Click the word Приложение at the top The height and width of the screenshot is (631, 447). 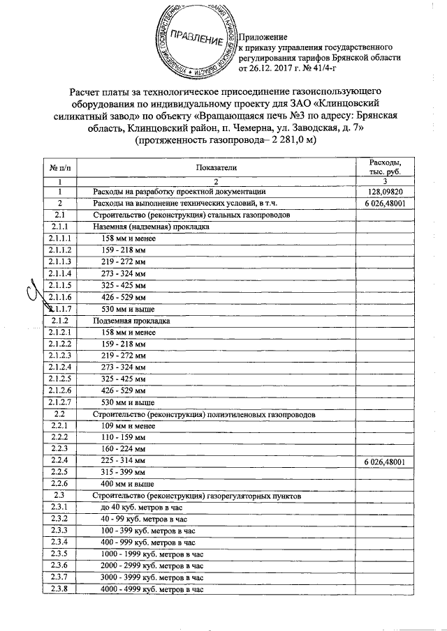pos(263,36)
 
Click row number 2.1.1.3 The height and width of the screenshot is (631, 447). pos(60,261)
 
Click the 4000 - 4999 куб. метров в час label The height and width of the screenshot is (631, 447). pos(152,590)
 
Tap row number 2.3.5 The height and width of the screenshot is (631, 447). pos(60,554)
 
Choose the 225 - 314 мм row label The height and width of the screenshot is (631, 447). pos(124,462)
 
